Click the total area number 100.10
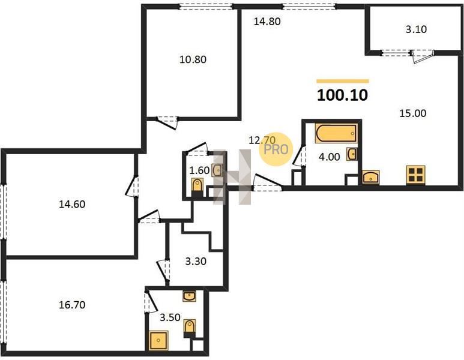point(342,95)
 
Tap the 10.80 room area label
point(193,60)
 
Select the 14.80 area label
point(267,22)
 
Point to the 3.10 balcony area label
point(416,29)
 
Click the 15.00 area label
point(413,113)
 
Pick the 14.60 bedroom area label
point(72,204)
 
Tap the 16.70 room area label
point(72,305)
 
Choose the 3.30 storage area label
point(196,262)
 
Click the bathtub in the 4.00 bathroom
point(337,133)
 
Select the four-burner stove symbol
point(416,174)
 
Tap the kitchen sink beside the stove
point(371,177)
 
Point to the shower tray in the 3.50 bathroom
point(158,340)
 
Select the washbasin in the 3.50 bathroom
point(189,296)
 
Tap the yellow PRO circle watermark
point(276,149)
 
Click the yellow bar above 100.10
point(342,81)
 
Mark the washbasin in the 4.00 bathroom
point(352,154)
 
